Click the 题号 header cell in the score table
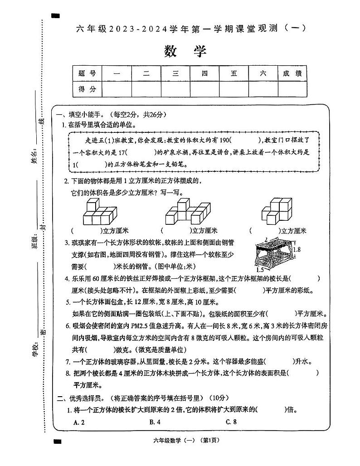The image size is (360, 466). pos(88,73)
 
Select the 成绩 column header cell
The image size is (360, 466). pos(292,73)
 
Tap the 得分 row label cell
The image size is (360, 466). pos(88,89)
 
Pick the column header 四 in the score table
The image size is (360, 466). pos(204,73)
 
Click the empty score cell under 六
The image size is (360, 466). pos(263,89)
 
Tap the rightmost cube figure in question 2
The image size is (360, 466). pos(278,211)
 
